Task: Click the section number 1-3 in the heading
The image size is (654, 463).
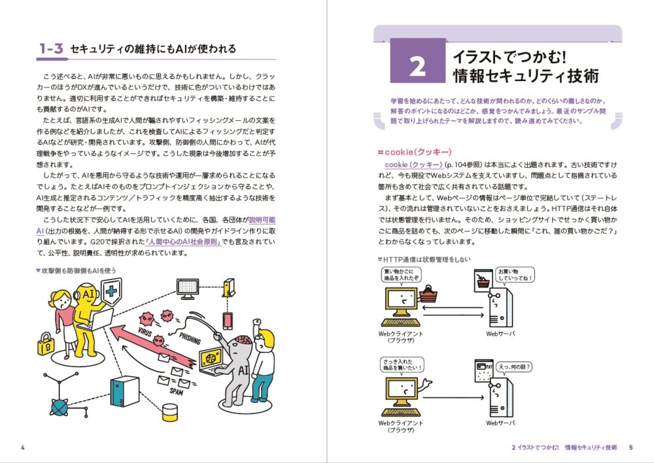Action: coord(50,48)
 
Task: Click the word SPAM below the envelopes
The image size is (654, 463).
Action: coord(176,392)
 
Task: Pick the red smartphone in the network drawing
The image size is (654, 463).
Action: coord(228,321)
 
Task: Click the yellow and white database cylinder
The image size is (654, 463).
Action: coord(170,413)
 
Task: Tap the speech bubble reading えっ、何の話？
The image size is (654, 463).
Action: coord(514,367)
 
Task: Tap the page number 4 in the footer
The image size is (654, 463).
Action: coord(22,447)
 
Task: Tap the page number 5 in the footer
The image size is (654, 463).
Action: coord(630,448)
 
